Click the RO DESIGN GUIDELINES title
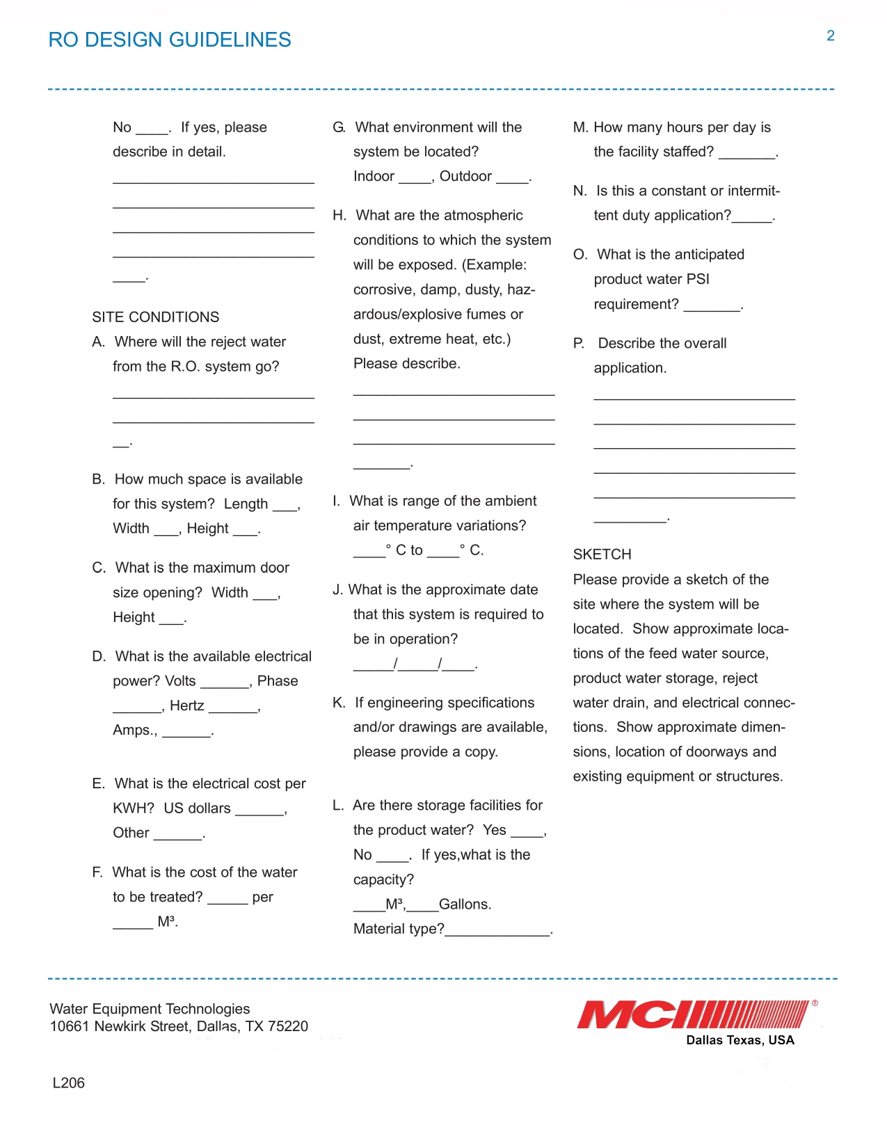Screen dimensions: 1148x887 [170, 40]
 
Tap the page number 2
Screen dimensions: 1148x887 [830, 36]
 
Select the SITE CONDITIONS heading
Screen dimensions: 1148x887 [155, 317]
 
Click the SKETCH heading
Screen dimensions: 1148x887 [602, 555]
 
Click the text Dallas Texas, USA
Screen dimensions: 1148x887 [740, 1040]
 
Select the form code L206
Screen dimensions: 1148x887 [68, 1083]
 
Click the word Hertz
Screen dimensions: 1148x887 [186, 705]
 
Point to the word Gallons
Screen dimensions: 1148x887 [464, 904]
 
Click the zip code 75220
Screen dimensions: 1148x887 [287, 1026]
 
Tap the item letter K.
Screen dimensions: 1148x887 [338, 703]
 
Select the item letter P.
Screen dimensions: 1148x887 [578, 344]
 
